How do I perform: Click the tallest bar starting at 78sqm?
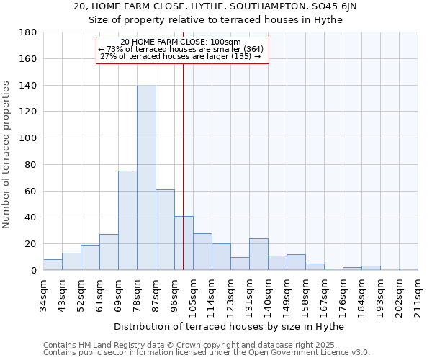[146, 178]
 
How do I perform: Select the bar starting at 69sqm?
[127, 220]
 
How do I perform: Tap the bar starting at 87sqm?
[165, 230]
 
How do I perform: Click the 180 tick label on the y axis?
[28, 32]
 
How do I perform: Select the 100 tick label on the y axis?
[28, 138]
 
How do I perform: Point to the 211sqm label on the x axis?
[418, 295]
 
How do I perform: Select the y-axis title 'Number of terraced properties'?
[7, 155]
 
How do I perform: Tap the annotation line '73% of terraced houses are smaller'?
[181, 49]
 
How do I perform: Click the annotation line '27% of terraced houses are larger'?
[180, 56]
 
